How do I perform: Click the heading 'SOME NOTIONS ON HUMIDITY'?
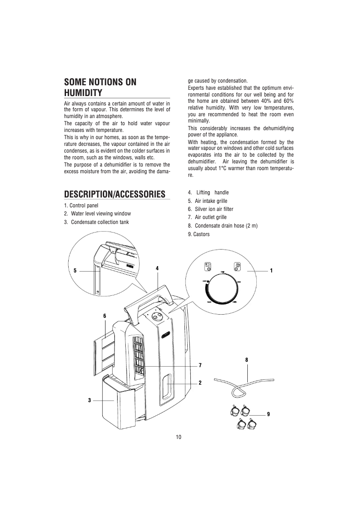point(100,88)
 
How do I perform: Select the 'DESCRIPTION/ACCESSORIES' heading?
point(114,194)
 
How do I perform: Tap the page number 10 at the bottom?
point(179,437)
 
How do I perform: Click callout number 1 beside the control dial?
point(271,271)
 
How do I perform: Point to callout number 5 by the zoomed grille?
point(75,271)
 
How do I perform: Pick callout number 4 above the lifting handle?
point(157,268)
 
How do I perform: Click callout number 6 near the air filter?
point(105,316)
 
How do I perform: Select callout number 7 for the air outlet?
point(200,365)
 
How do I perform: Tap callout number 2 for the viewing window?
point(200,383)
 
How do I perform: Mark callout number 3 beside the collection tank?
point(90,400)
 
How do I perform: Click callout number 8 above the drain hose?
point(246,360)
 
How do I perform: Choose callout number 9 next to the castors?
point(268,413)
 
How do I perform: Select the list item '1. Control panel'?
point(81,206)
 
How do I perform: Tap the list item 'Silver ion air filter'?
point(214,209)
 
